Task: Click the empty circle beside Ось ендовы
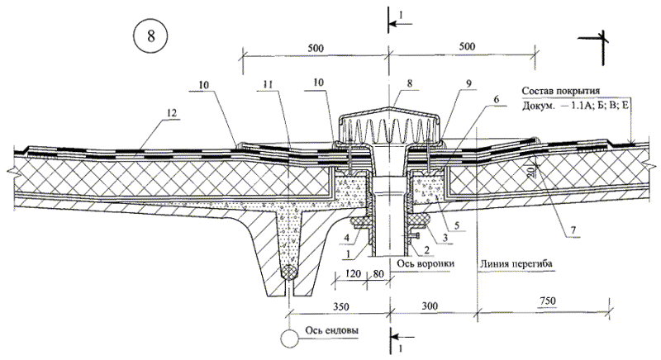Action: click(x=289, y=339)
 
